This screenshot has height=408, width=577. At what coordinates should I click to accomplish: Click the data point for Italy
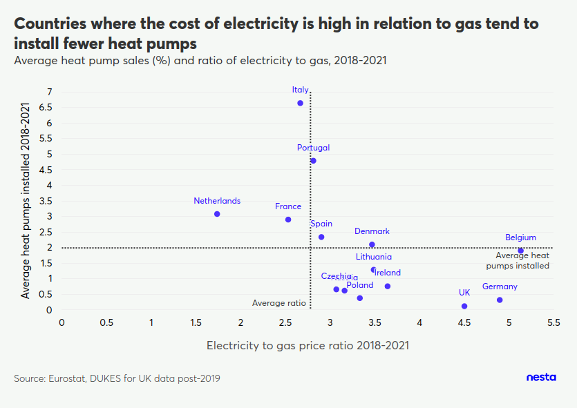(x=301, y=103)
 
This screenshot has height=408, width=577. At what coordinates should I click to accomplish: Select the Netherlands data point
(x=217, y=214)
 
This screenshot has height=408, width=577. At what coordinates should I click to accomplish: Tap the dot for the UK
(x=464, y=306)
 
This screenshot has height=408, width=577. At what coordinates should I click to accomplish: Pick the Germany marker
(x=500, y=300)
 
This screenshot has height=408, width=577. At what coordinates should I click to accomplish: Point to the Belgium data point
(x=521, y=251)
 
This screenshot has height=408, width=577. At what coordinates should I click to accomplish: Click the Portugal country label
(x=313, y=148)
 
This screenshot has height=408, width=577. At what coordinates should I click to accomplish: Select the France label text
(x=288, y=206)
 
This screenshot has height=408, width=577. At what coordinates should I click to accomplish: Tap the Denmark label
(x=372, y=231)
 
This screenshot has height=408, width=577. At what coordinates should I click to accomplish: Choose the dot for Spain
(x=321, y=237)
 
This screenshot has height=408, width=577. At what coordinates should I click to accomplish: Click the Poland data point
(x=360, y=298)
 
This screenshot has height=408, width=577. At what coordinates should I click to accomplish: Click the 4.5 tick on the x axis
(x=464, y=322)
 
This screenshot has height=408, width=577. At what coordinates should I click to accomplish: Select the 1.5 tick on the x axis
(x=196, y=322)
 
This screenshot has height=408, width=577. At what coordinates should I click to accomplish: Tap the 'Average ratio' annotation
(x=278, y=302)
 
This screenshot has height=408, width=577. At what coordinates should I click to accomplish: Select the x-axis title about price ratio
(x=308, y=344)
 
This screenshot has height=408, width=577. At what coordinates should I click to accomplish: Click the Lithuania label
(x=374, y=257)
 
